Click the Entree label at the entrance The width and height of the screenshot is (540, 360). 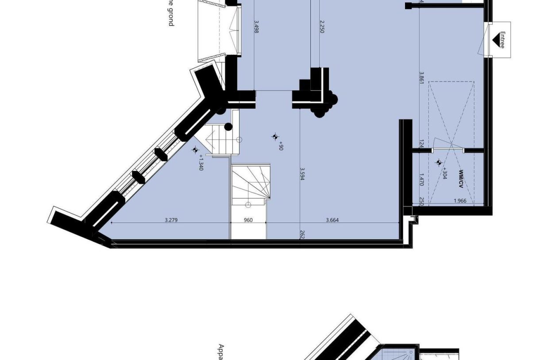(502, 39)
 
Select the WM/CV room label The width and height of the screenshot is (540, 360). (461, 178)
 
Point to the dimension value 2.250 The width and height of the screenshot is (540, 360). (322, 26)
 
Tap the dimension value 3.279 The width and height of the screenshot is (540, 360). (171, 220)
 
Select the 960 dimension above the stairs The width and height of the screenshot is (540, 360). (248, 220)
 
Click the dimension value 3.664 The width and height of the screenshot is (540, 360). (332, 220)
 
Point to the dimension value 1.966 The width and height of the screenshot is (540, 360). (460, 201)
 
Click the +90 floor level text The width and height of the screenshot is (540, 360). (281, 146)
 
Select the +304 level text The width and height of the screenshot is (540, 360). (444, 174)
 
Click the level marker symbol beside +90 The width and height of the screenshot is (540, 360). (275, 137)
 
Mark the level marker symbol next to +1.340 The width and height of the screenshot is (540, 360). (195, 150)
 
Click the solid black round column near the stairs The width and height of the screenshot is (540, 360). (228, 127)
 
